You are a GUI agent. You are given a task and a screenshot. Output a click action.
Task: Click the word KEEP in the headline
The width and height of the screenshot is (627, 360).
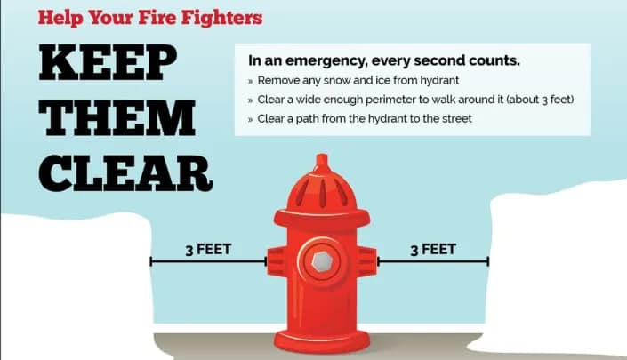pyautogui.click(x=108, y=62)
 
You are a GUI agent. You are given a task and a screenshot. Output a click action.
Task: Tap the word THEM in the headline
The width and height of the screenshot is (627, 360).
pyautogui.click(x=117, y=118)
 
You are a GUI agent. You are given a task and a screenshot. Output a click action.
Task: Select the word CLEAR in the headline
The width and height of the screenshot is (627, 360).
pyautogui.click(x=125, y=173)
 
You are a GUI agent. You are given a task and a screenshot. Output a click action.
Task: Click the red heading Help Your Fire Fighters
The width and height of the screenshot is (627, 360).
pyautogui.click(x=150, y=18)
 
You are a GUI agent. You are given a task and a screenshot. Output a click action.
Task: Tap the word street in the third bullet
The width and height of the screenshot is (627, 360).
pyautogui.click(x=455, y=119)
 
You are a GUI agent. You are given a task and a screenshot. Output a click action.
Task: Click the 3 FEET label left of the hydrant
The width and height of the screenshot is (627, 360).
pyautogui.click(x=208, y=249)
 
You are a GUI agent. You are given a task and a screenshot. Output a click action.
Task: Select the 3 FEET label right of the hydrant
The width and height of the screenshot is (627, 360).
pyautogui.click(x=433, y=249)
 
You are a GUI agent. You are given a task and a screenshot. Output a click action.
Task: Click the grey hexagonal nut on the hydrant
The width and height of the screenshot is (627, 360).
pyautogui.click(x=322, y=261)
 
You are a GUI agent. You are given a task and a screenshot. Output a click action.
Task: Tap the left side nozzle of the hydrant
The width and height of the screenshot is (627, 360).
pyautogui.click(x=277, y=261)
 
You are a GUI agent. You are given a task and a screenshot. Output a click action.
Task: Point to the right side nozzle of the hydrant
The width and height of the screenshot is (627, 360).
pyautogui.click(x=366, y=261)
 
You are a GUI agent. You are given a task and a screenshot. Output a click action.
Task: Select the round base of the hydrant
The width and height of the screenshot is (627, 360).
pyautogui.click(x=322, y=341)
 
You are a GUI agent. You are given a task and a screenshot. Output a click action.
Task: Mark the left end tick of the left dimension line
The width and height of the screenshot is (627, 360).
pyautogui.click(x=151, y=261)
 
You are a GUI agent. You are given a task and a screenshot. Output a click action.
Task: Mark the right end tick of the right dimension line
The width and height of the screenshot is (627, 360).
pyautogui.click(x=488, y=261)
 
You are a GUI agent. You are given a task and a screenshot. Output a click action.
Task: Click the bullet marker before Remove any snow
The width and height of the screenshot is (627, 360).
pyautogui.click(x=250, y=81)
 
